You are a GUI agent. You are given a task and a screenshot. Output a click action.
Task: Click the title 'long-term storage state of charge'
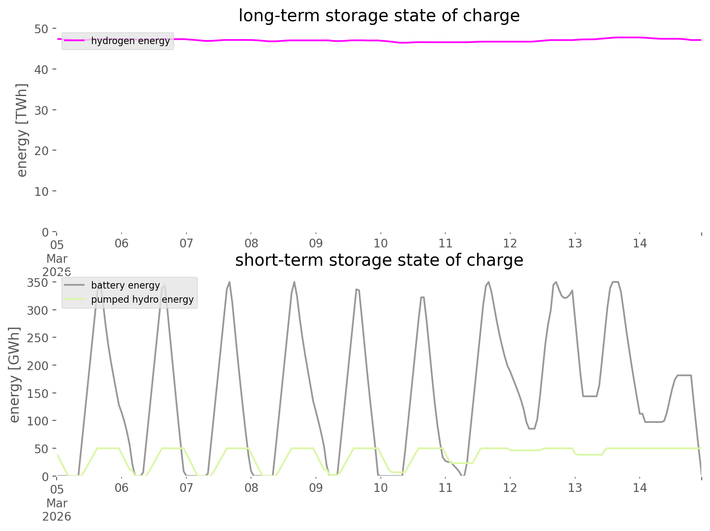(x=379, y=16)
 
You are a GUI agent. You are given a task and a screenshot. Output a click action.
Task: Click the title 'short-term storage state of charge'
(x=379, y=260)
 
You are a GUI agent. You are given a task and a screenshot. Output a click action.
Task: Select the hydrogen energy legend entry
(x=130, y=41)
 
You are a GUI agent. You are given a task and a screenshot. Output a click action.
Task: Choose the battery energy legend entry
(x=125, y=285)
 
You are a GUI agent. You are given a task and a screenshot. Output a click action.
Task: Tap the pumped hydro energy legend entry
(x=142, y=299)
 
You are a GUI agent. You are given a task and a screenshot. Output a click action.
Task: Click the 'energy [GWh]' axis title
(x=15, y=375)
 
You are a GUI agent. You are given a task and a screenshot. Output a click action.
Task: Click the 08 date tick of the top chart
(x=251, y=243)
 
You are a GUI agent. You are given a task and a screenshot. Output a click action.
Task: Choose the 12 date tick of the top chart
(x=510, y=243)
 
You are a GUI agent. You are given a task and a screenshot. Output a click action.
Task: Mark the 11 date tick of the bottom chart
(x=445, y=488)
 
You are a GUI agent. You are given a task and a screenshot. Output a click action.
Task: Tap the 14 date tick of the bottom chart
(x=640, y=488)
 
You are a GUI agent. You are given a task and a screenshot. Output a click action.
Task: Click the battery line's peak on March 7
(x=229, y=282)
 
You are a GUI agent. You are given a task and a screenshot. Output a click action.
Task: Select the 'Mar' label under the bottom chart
(x=57, y=503)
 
